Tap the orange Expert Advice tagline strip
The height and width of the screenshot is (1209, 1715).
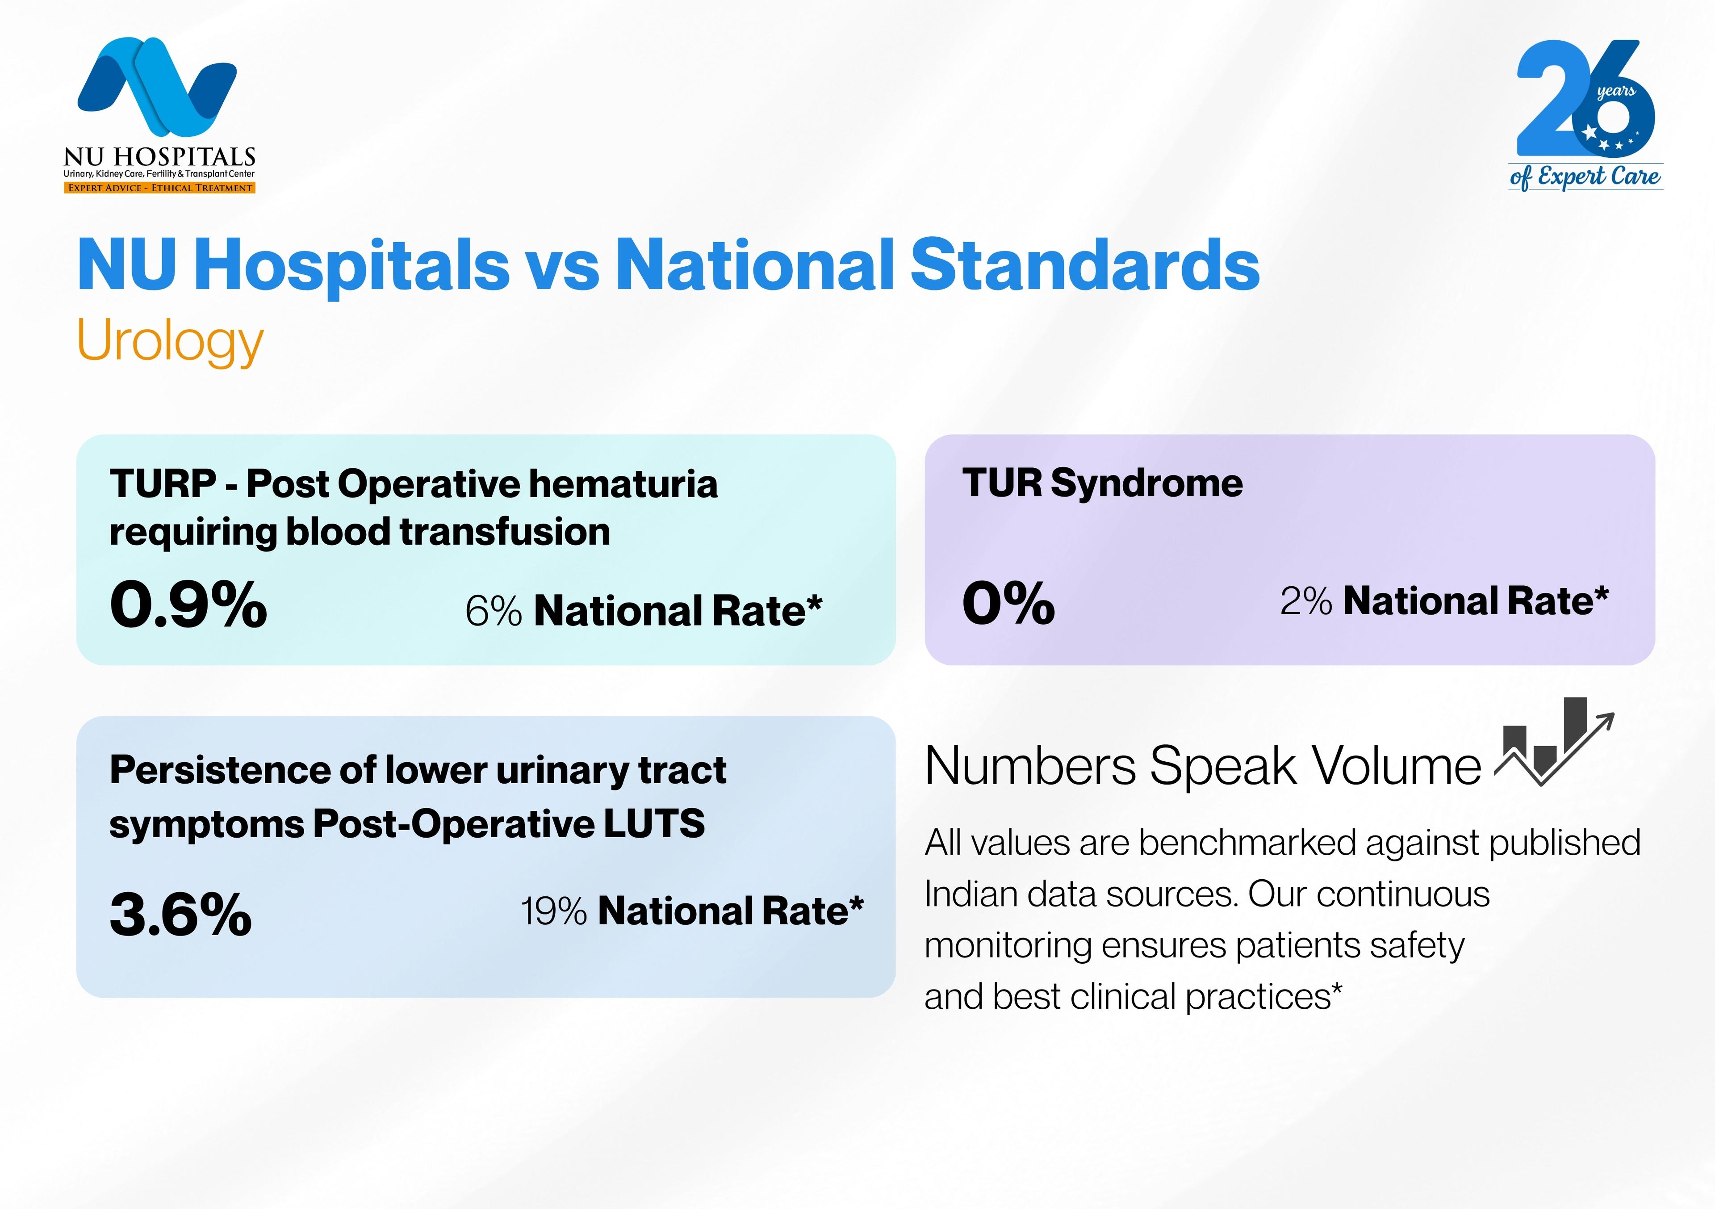pyautogui.click(x=159, y=188)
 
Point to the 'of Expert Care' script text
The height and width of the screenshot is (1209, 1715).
pyautogui.click(x=1585, y=177)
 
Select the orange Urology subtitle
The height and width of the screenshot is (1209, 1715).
pyautogui.click(x=170, y=341)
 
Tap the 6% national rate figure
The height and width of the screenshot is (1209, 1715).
pyautogui.click(x=493, y=611)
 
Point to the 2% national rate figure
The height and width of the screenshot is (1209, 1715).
pyautogui.click(x=1305, y=601)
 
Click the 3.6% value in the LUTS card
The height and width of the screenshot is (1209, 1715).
pyautogui.click(x=181, y=915)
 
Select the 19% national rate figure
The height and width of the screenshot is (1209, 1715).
pyautogui.click(x=553, y=911)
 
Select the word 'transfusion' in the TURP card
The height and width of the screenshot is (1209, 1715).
pyautogui.click(x=505, y=532)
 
